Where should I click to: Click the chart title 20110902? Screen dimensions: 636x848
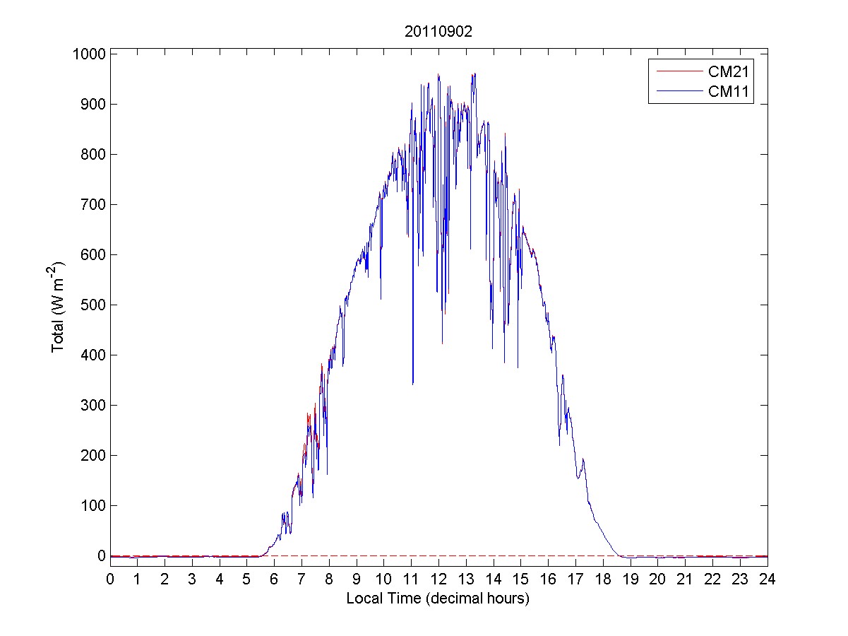tap(438, 32)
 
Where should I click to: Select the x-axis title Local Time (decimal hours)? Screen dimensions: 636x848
tap(438, 599)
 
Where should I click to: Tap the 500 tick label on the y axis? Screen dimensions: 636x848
tap(92, 305)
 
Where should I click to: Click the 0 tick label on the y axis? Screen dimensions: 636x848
tap(102, 555)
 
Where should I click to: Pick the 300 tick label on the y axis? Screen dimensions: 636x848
tap(92, 405)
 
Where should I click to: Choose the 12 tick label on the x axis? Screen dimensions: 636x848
tap(438, 579)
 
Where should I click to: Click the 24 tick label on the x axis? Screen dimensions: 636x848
tap(768, 579)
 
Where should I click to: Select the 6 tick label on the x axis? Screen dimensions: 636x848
tap(274, 579)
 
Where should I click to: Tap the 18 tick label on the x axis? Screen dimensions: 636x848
tap(603, 579)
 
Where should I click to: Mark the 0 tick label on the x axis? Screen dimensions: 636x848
tap(110, 579)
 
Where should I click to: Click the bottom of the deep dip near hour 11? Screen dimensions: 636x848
tap(412, 384)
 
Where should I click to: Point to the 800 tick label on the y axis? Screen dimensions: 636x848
tap(92, 154)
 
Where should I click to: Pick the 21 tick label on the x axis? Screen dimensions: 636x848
tap(685, 579)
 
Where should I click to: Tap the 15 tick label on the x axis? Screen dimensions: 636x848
tap(520, 579)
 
